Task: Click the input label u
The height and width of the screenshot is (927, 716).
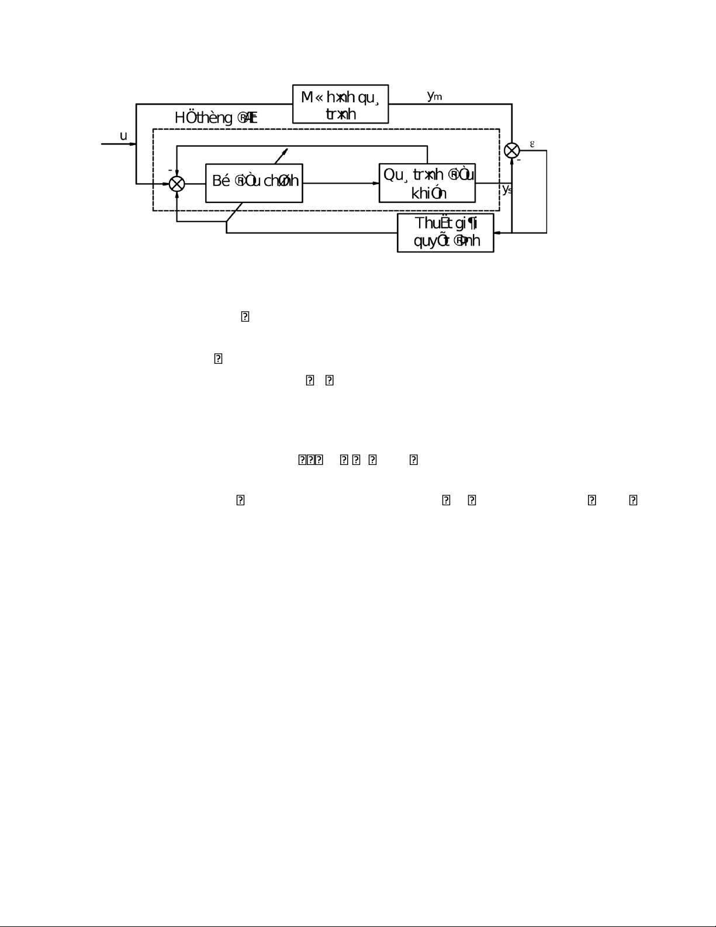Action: [x=123, y=136]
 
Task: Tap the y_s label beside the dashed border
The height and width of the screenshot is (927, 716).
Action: [x=507, y=189]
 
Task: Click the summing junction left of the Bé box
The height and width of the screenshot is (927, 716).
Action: [x=177, y=184]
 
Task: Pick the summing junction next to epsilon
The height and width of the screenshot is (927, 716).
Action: [x=512, y=150]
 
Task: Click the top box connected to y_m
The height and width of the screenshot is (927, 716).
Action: [x=340, y=104]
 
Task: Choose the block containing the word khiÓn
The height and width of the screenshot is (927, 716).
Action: [x=427, y=183]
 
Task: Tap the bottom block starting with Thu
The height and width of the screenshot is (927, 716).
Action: [x=445, y=233]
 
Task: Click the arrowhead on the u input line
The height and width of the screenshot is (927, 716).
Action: [x=165, y=184]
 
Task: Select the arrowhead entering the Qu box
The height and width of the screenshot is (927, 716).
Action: [x=376, y=183]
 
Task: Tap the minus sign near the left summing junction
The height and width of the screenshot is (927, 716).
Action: [x=170, y=170]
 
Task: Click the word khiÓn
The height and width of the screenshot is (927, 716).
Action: [x=429, y=193]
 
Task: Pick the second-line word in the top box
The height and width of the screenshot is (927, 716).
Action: [x=341, y=113]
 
